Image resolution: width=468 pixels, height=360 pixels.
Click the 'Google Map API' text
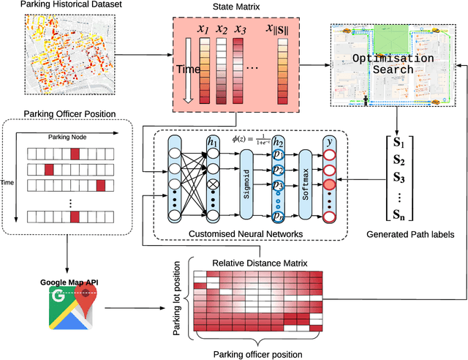click(65, 282)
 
